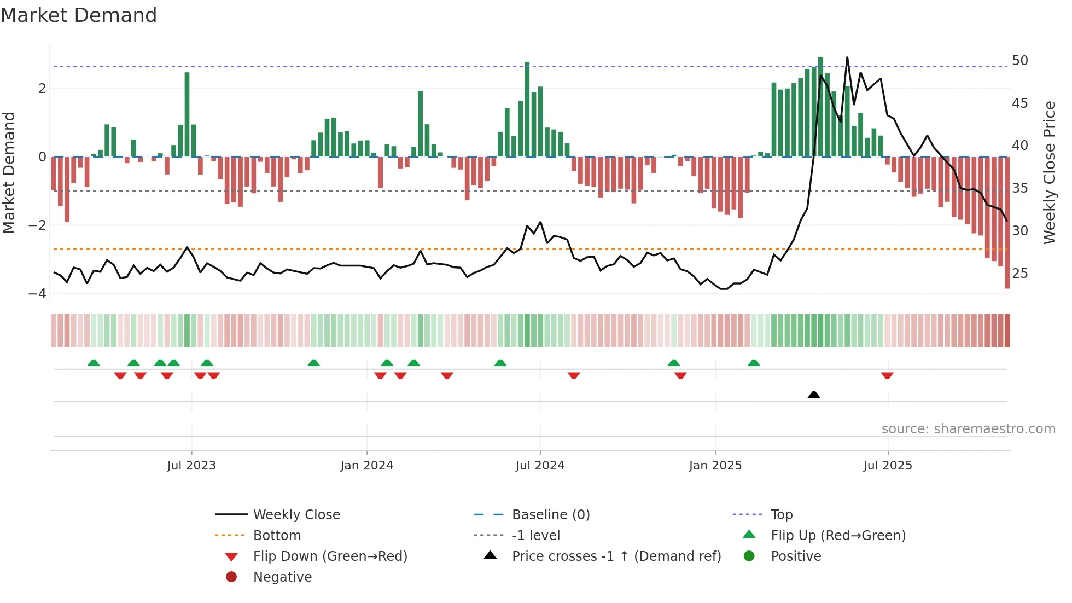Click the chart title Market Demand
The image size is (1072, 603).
(79, 15)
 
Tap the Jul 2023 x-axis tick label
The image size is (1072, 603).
(191, 466)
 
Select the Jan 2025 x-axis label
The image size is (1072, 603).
(715, 466)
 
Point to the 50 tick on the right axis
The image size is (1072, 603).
(1019, 60)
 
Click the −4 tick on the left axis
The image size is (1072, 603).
(38, 293)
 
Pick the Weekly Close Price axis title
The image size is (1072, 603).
(1049, 172)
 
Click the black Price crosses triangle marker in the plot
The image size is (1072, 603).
(814, 395)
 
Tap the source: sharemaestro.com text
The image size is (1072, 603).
(968, 429)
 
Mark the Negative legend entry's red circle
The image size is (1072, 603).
(231, 577)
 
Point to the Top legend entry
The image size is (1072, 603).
(781, 514)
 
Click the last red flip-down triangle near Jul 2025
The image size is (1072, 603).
(887, 375)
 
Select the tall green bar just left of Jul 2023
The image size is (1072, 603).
(187, 115)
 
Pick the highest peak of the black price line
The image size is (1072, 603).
(847, 58)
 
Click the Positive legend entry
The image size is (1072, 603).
(795, 556)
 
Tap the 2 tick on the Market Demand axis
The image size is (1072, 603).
(42, 88)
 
